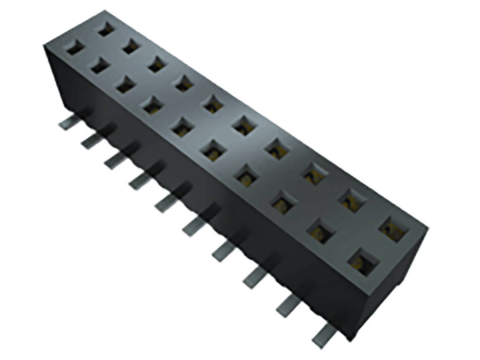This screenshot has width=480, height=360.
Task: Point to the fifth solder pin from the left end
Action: coord(166,204)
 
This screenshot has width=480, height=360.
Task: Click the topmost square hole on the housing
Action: coord(106,29)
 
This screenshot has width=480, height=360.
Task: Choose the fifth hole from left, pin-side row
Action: coord(182,127)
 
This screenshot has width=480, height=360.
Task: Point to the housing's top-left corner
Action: coord(45,45)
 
